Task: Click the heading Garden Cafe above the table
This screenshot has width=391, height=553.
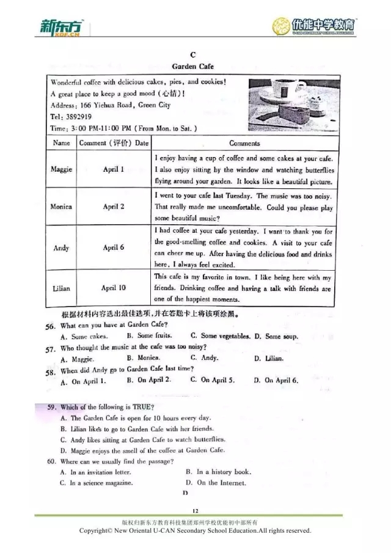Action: point(192,65)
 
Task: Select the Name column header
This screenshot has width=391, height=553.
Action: point(62,143)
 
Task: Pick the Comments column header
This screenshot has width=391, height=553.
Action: point(244,143)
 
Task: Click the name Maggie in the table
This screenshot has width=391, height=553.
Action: point(62,169)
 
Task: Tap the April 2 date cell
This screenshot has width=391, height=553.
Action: point(114,207)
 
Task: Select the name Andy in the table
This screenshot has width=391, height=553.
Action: point(61,248)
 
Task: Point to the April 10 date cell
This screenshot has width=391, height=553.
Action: point(114,287)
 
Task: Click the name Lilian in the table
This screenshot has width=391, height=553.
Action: point(62,287)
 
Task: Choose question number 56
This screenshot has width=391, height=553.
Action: point(50,326)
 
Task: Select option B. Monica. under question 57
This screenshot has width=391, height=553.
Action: point(144,358)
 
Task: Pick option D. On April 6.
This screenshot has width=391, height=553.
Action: point(281,381)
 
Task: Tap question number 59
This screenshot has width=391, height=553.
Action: point(52,407)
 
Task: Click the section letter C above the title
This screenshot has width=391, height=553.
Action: point(193,54)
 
